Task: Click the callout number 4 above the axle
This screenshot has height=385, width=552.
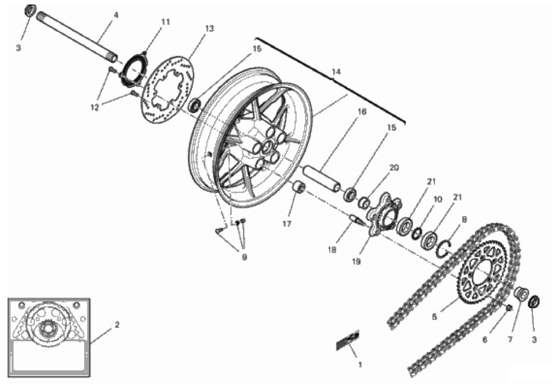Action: (x=116, y=15)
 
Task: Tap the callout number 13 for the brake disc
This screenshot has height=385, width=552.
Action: (x=209, y=28)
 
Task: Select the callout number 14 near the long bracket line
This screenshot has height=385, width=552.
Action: (x=336, y=72)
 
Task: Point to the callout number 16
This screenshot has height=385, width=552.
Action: (x=362, y=111)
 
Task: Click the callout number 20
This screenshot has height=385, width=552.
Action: (x=394, y=168)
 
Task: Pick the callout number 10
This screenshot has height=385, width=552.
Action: (x=438, y=200)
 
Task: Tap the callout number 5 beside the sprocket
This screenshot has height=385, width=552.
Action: (x=434, y=317)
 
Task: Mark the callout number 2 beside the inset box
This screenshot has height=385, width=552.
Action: (x=117, y=324)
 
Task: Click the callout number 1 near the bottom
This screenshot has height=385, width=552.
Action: (x=360, y=365)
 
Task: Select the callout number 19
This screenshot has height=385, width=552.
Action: (x=356, y=262)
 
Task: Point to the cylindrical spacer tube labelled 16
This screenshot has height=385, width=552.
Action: (x=322, y=179)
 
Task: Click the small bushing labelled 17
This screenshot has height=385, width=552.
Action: (x=299, y=187)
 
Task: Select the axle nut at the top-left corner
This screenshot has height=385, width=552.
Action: (x=30, y=10)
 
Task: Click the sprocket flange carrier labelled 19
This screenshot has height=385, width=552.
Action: (x=384, y=213)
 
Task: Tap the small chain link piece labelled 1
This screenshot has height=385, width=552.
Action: (x=347, y=340)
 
